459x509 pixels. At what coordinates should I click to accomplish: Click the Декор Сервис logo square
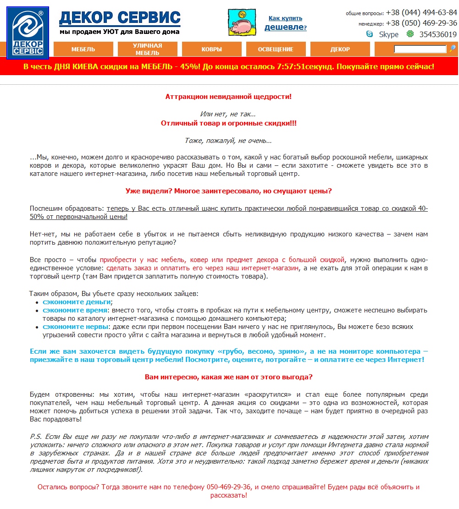(x=28, y=33)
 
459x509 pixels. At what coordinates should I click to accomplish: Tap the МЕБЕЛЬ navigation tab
(x=83, y=49)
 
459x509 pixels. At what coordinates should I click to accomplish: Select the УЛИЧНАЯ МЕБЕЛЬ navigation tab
(x=147, y=49)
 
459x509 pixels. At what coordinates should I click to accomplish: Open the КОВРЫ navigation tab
(x=211, y=49)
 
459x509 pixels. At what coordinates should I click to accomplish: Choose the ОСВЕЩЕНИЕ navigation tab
(x=276, y=49)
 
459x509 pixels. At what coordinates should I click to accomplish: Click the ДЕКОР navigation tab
(x=340, y=49)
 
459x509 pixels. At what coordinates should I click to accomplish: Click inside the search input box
(x=420, y=49)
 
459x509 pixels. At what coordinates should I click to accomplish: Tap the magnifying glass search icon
(x=452, y=49)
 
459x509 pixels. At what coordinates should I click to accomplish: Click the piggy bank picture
(x=242, y=22)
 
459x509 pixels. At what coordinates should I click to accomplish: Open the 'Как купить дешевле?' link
(x=285, y=23)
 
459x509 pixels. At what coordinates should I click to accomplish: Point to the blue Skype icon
(x=370, y=34)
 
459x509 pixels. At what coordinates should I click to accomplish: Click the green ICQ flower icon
(x=410, y=34)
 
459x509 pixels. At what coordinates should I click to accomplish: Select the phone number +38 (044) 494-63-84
(x=421, y=13)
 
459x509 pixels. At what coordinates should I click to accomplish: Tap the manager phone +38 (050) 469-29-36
(x=421, y=23)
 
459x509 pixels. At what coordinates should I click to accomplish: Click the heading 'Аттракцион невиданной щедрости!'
(x=228, y=97)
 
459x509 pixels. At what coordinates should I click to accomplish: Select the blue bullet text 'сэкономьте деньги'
(x=77, y=302)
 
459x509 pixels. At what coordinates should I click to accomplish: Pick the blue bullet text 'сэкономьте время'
(x=75, y=310)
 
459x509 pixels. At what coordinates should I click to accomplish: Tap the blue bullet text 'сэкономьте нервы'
(x=76, y=327)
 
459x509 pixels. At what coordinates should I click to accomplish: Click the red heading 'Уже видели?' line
(x=228, y=191)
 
